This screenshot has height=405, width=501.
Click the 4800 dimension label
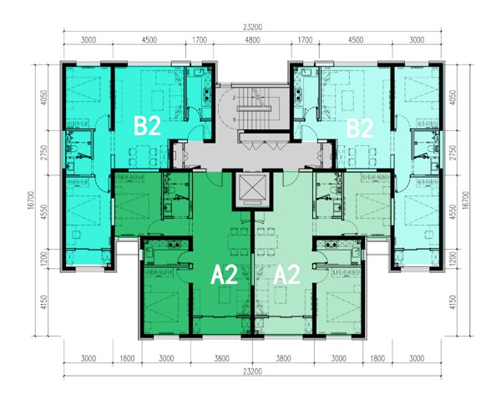[x=252, y=40]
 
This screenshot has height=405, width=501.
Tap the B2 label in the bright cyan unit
[x=147, y=126]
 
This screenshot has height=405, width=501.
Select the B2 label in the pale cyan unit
[x=360, y=129]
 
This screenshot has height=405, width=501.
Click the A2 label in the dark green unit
[x=224, y=275]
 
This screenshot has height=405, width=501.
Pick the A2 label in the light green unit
[x=286, y=275]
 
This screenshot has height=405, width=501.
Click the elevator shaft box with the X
[x=252, y=190]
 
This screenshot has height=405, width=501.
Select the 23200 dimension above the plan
[x=252, y=28]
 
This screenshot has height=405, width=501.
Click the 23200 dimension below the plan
[x=252, y=372]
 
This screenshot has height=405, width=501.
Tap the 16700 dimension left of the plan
[x=31, y=200]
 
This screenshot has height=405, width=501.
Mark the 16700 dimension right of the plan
[x=466, y=200]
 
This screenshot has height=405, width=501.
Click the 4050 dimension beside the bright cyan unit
[x=44, y=98]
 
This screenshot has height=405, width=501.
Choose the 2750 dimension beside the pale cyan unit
[x=453, y=153]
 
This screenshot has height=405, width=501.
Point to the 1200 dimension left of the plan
[x=44, y=259]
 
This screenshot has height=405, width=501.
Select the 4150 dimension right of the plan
[x=453, y=302]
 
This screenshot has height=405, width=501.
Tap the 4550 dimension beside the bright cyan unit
[x=44, y=212]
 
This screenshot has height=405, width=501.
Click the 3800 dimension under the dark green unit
[x=222, y=358]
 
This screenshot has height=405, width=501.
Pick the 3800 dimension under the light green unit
[x=283, y=358]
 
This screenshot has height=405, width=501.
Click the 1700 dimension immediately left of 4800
[x=200, y=40]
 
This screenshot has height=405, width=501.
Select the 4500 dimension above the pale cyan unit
[x=356, y=40]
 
